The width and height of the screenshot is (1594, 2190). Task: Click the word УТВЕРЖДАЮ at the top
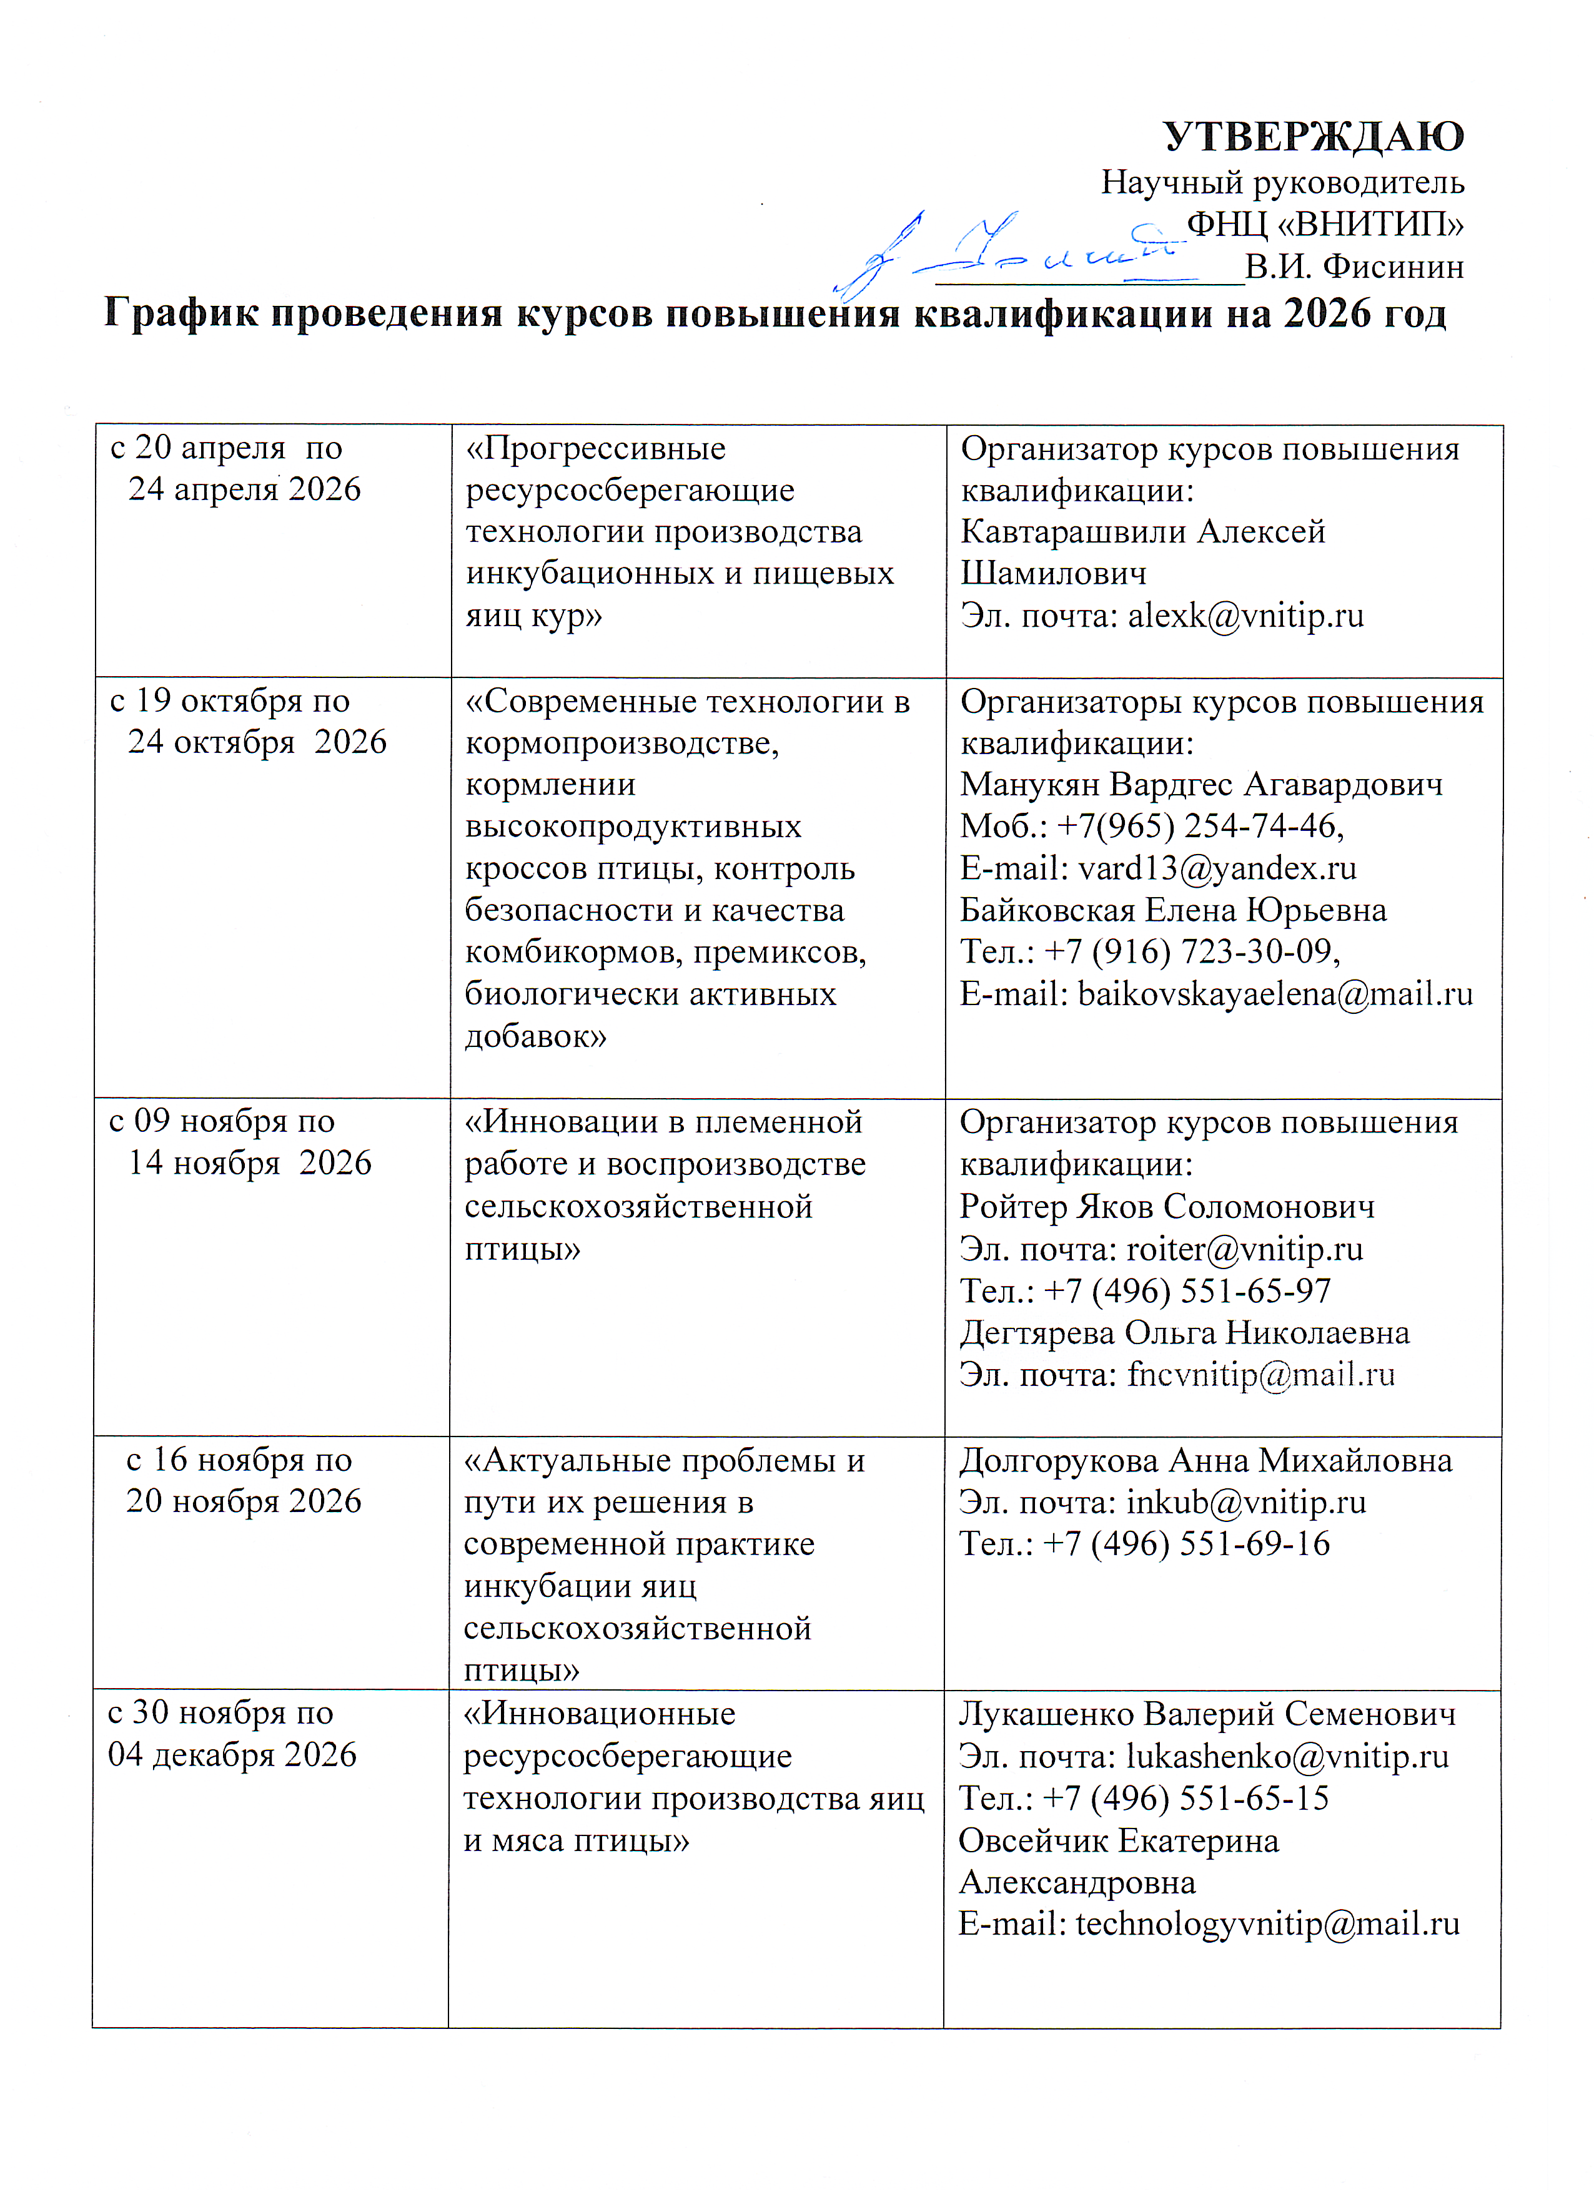coord(1313,137)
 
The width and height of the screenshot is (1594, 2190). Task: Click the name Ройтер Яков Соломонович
coord(1166,1206)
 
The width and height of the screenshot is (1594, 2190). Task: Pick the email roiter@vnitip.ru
coord(1244,1249)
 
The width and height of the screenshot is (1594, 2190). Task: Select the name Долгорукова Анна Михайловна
coord(1205,1460)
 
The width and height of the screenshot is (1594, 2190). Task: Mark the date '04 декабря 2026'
coord(232,1754)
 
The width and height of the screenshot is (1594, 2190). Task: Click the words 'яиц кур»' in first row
coord(533,615)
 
